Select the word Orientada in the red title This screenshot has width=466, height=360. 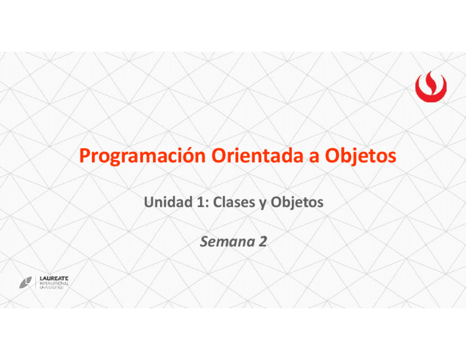tap(257, 156)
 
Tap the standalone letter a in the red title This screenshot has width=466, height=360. tap(314, 158)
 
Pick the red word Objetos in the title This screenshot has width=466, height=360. tap(360, 156)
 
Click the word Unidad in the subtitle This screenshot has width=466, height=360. tap(168, 202)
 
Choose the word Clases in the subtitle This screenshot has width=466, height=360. tap(234, 202)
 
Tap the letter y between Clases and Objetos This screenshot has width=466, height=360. tap(263, 204)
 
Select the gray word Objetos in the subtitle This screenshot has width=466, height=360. tap(297, 203)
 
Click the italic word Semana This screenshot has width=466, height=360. tap(228, 242)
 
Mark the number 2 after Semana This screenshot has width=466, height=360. tap(263, 241)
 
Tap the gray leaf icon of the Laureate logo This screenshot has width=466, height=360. tap(26, 282)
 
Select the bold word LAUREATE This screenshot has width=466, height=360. tap(54, 279)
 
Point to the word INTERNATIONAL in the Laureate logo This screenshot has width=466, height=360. tap(54, 284)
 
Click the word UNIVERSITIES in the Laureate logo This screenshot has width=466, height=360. tap(52, 287)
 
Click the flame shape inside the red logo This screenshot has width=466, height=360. tap(431, 81)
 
